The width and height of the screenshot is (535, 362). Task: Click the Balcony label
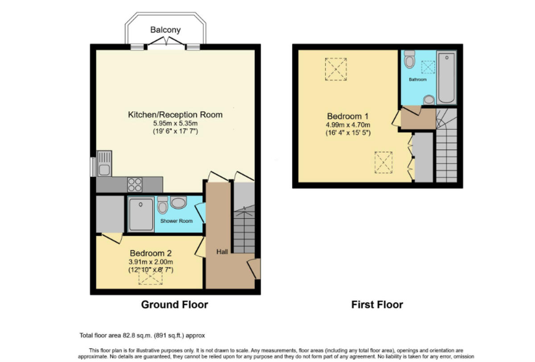click(165, 30)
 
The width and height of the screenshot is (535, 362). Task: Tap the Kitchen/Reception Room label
click(175, 115)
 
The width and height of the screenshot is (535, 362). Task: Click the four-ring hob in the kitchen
click(135, 184)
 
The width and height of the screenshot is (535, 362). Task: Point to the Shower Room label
click(177, 221)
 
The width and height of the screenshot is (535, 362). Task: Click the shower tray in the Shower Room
click(141, 214)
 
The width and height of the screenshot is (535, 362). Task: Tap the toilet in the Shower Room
click(162, 205)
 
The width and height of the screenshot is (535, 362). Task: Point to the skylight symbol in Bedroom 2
click(151, 277)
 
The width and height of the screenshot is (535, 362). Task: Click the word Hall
click(222, 252)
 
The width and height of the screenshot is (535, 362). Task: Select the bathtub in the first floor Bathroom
click(446, 78)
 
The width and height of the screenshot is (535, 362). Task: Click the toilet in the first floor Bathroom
click(409, 59)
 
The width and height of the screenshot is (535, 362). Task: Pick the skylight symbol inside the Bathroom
click(428, 66)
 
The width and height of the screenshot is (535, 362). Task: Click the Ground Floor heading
click(174, 305)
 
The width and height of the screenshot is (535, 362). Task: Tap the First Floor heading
click(377, 305)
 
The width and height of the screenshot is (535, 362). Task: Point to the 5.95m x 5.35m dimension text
click(175, 123)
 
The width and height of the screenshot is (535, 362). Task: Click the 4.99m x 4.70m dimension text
click(347, 125)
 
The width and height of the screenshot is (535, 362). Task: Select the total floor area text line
click(141, 335)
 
